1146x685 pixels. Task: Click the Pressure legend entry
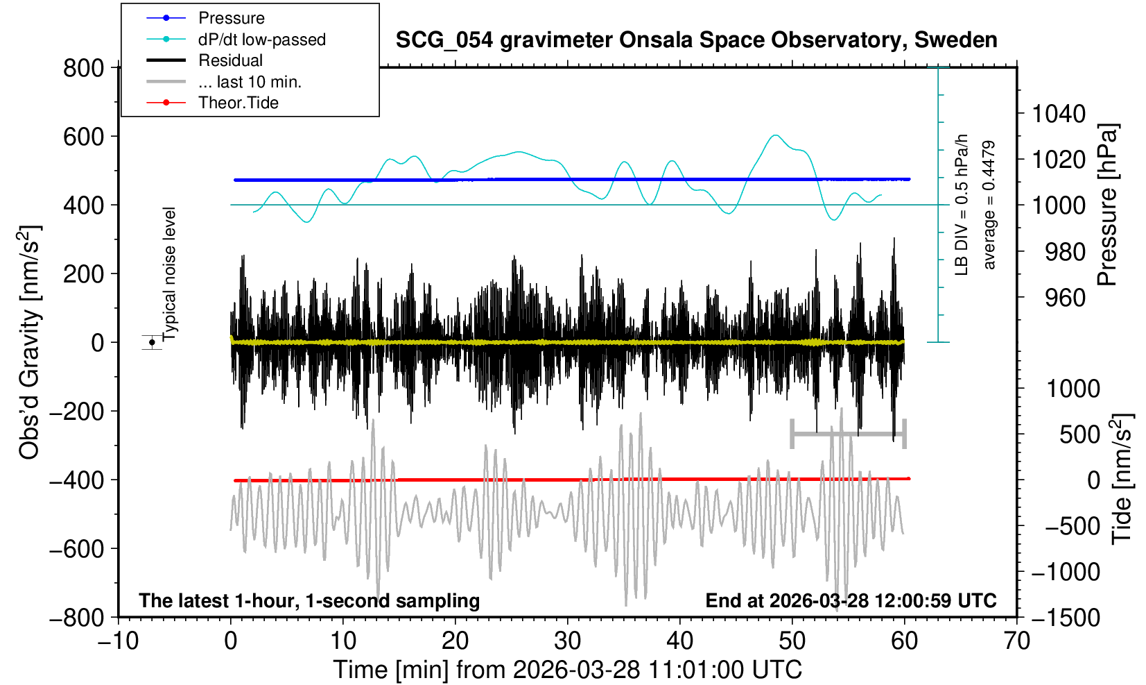tap(231, 18)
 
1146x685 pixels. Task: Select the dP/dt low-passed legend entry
tap(261, 40)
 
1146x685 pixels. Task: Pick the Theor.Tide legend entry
tap(238, 103)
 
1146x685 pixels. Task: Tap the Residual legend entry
tap(230, 60)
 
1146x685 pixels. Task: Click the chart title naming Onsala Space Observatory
tap(696, 40)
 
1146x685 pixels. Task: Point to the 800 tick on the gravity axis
tap(83, 68)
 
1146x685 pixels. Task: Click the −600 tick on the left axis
tap(78, 548)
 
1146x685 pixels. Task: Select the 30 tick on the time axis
tap(567, 640)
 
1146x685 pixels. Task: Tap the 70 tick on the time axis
tap(1016, 640)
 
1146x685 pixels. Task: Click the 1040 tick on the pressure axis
tap(1059, 113)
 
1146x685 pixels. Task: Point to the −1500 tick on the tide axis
tap(1066, 617)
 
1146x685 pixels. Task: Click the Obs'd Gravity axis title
tap(30, 342)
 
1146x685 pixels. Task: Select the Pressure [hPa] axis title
tap(1108, 205)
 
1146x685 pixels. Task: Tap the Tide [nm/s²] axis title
tap(1122, 479)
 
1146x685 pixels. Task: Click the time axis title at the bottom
tap(567, 670)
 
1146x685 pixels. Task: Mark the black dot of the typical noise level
tap(152, 342)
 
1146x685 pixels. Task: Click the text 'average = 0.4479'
tap(989, 205)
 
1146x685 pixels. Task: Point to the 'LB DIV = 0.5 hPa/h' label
tap(962, 205)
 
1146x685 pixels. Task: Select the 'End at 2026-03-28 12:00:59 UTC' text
tap(851, 600)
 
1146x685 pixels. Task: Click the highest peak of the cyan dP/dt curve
tap(776, 135)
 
